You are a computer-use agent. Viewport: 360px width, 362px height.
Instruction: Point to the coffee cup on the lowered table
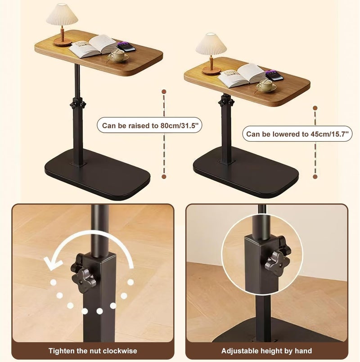266,85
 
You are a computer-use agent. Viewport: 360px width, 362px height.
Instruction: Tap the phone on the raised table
126,47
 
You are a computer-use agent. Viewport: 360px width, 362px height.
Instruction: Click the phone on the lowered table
274,76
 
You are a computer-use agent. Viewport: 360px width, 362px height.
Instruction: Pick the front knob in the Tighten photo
84,281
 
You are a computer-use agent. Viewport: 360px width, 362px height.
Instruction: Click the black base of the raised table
97,174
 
